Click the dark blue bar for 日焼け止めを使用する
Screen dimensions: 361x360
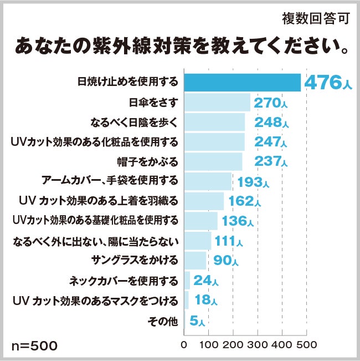click(242, 82)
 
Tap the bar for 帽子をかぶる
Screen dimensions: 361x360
click(213, 161)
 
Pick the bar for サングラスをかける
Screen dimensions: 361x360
click(195, 260)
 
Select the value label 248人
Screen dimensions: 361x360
click(270, 122)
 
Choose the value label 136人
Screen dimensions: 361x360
click(238, 221)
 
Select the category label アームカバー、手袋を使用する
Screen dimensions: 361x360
click(110, 181)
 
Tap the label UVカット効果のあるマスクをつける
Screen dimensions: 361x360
click(95, 301)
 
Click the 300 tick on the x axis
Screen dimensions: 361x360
click(258, 344)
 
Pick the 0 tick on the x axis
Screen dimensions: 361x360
click(184, 344)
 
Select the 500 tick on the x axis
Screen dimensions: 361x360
click(306, 344)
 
